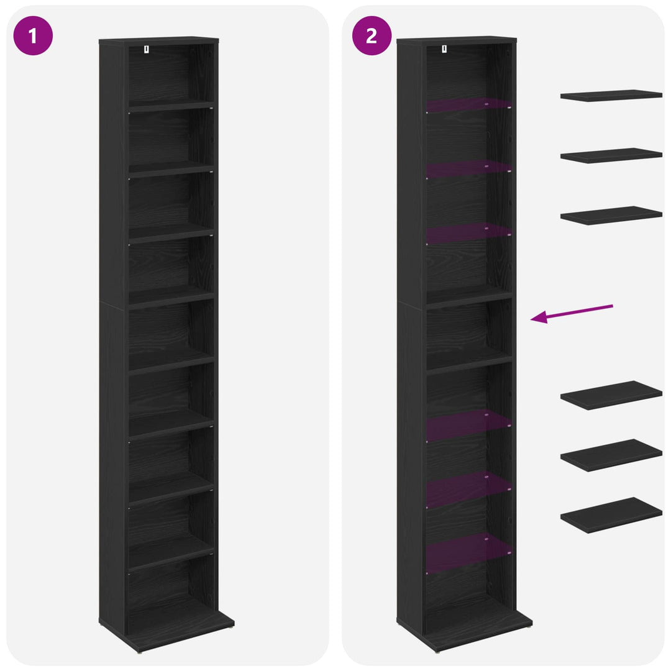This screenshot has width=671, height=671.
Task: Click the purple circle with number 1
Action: [33, 35]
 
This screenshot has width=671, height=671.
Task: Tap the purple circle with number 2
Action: [372, 35]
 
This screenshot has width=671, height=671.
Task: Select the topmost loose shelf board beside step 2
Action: [611, 96]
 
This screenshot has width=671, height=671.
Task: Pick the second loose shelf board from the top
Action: [611, 155]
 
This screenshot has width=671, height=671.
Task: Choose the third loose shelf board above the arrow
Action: [611, 215]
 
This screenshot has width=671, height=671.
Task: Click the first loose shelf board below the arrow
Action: [611, 395]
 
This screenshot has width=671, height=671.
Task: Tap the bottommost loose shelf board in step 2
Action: [611, 515]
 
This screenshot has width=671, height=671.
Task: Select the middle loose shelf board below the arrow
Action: [611, 455]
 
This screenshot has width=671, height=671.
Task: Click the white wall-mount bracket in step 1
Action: [147, 50]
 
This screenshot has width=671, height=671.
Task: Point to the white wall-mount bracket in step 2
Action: [444, 49]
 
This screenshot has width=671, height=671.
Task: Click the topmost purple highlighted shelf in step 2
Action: [468, 105]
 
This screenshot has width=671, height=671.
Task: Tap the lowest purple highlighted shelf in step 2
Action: [468, 552]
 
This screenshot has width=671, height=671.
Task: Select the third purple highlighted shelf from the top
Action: [468, 233]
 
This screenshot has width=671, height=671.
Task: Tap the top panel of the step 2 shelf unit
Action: [457, 40]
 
